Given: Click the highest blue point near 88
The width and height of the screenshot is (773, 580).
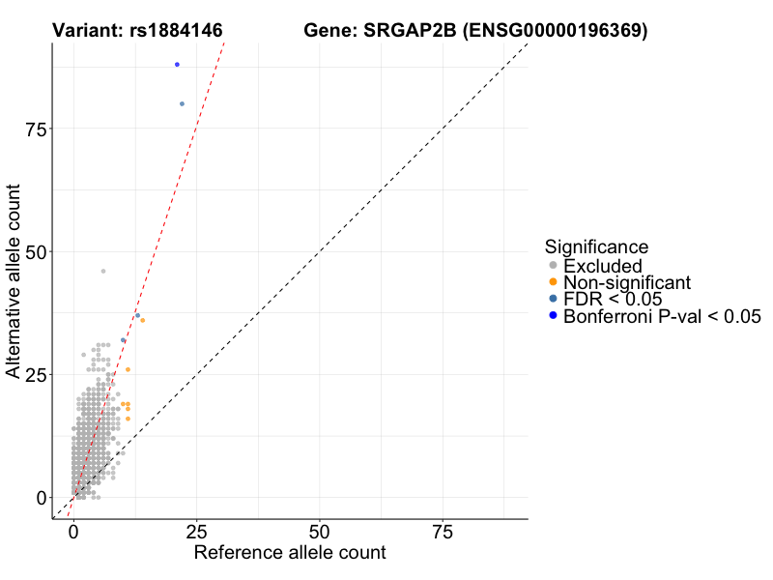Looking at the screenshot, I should click(177, 65).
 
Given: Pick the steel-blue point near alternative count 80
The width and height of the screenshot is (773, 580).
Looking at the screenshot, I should click(182, 103).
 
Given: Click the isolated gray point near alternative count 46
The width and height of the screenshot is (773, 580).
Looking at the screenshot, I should click(103, 271).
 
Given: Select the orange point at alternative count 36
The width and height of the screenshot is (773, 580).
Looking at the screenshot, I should click(143, 320).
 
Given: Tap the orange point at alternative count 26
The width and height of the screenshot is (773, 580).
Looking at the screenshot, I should click(128, 369).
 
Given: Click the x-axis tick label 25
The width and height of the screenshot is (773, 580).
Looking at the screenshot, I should click(196, 533).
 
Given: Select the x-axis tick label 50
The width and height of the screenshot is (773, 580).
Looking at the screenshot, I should click(320, 533).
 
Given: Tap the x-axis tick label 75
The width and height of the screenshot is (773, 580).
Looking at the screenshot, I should click(443, 533).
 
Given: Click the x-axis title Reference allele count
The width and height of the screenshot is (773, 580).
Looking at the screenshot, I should click(290, 553).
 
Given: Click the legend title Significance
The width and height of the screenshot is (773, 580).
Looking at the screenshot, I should click(596, 246).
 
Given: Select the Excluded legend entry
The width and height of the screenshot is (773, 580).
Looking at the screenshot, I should click(602, 266).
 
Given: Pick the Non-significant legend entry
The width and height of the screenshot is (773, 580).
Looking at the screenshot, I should click(626, 282).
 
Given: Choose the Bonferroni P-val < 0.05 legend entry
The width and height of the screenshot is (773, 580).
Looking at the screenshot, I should click(662, 316).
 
